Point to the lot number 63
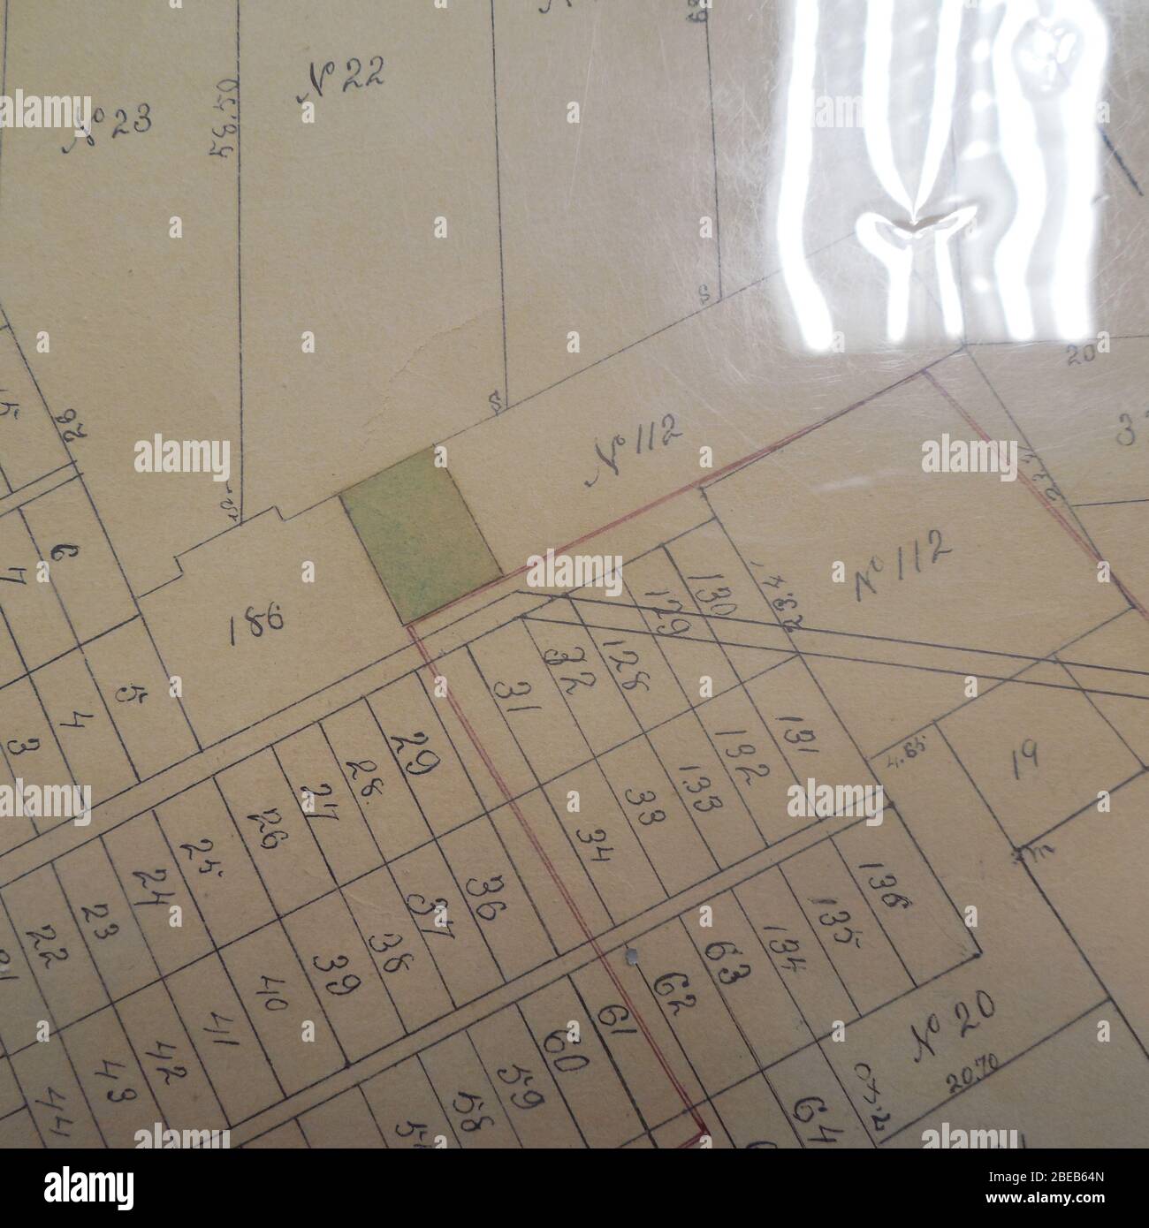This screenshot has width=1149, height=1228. [727, 967]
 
